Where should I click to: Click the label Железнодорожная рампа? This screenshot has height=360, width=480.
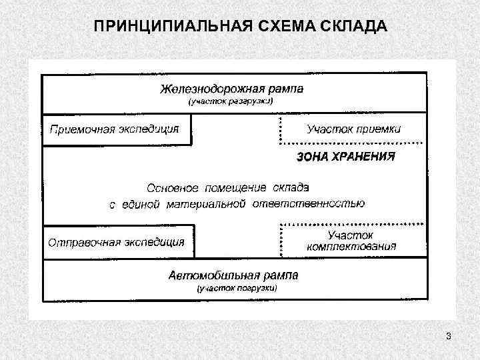[231, 89]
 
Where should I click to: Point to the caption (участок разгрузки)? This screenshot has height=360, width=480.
[231, 101]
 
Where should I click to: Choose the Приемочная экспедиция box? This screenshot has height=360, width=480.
[115, 129]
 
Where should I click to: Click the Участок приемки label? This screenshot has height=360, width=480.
[353, 129]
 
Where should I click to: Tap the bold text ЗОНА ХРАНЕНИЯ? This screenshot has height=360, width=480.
[345, 157]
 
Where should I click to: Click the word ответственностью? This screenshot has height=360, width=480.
[308, 203]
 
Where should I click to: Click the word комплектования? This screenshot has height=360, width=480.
[351, 246]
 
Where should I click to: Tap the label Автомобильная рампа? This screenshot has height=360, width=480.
[233, 275]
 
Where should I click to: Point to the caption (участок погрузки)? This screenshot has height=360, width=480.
[235, 289]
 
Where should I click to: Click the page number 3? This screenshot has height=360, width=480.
[449, 336]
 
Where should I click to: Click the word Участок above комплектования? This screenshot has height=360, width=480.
[350, 235]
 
